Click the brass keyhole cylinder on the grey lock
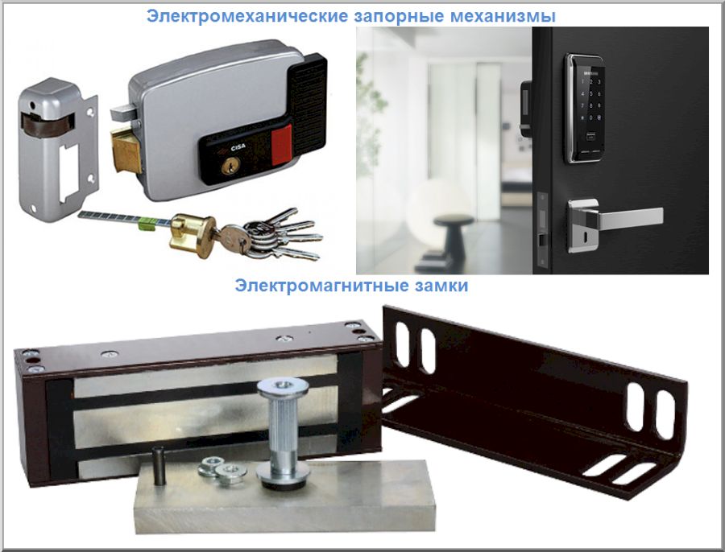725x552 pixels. coord(230,165)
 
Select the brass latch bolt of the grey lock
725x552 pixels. coord(126,149)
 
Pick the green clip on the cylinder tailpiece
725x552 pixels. coord(148,223)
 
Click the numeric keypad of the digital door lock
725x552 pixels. coord(590,99)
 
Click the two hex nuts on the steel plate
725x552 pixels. coord(222,470)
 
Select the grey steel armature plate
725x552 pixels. coord(284,496)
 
